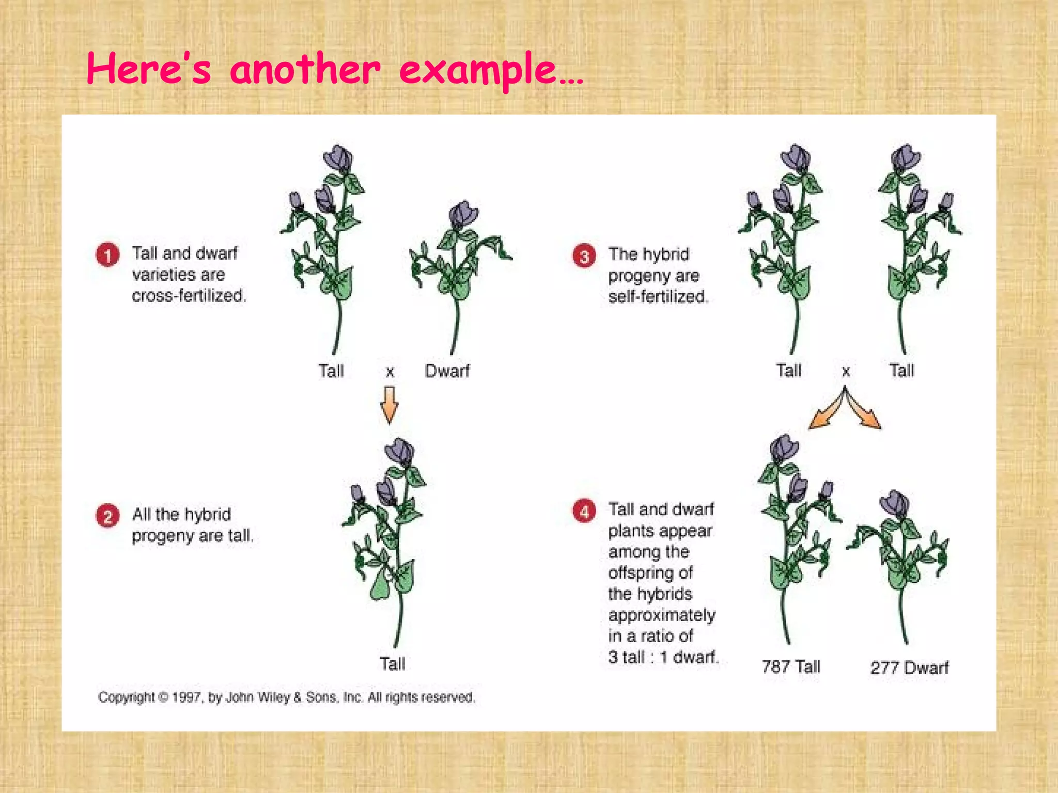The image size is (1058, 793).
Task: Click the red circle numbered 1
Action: click(x=107, y=255)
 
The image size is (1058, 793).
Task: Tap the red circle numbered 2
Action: click(x=107, y=516)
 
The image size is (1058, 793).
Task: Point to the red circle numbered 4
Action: click(x=584, y=511)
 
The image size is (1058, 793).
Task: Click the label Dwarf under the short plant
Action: click(x=447, y=371)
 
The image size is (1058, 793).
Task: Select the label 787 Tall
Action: click(x=791, y=667)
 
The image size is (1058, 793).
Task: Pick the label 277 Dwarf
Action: click(x=909, y=668)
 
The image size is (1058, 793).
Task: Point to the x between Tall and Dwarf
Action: click(x=390, y=371)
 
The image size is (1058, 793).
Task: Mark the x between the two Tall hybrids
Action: click(x=846, y=371)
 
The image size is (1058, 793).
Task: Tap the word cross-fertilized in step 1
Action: click(x=189, y=296)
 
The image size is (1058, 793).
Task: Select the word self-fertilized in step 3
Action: click(x=658, y=297)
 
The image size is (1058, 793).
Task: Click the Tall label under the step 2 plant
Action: click(x=393, y=663)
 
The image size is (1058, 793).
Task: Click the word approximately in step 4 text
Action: click(x=662, y=615)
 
